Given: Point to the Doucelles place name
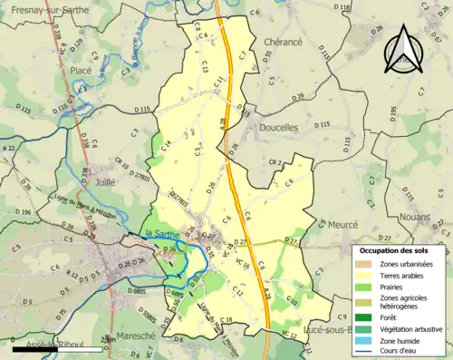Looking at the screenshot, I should (279, 129).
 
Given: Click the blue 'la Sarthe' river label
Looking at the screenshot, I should (161, 237).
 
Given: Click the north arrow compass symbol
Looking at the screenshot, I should (404, 50).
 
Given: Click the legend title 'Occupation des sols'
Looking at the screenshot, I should (396, 249).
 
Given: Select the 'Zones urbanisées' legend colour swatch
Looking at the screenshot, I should (366, 263).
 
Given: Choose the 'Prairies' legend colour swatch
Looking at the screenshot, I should (366, 288).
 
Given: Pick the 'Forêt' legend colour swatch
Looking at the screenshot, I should (366, 316).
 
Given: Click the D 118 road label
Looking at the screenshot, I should (344, 7).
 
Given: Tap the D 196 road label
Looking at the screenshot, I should (22, 212).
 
